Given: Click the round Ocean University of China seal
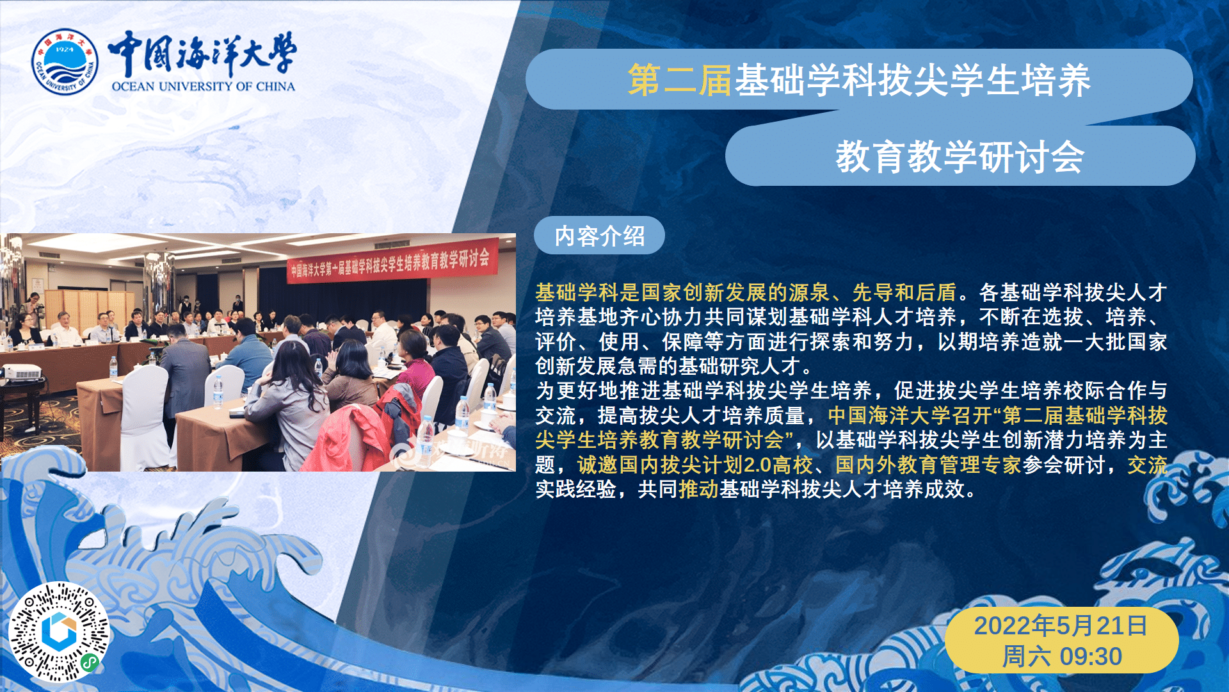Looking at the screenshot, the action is point(65,62).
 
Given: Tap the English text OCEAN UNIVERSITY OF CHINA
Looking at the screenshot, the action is point(204,86).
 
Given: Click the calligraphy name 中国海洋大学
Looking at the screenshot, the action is point(202,53).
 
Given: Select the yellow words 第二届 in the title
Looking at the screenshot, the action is point(680,80).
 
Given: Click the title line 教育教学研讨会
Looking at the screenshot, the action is point(960,157).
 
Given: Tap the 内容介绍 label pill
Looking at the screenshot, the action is point(599,236).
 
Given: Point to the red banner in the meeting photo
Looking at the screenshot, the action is point(392,263).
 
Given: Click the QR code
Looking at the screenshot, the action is point(59,632).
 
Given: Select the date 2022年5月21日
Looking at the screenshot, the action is point(1061,625).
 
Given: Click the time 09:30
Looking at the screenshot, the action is point(1091,657).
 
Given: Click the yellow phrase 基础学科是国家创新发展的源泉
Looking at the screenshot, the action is point(682,293).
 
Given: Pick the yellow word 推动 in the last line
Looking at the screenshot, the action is point(699,490).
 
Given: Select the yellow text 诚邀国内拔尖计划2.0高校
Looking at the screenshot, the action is point(695,465).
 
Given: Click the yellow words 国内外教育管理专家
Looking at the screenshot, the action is point(928,465).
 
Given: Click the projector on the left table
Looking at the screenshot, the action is point(22,371).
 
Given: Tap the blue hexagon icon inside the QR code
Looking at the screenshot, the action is point(60,631).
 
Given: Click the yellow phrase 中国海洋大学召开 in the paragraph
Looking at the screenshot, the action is point(910,416).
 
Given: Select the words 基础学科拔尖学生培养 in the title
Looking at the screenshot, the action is point(912,80).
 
